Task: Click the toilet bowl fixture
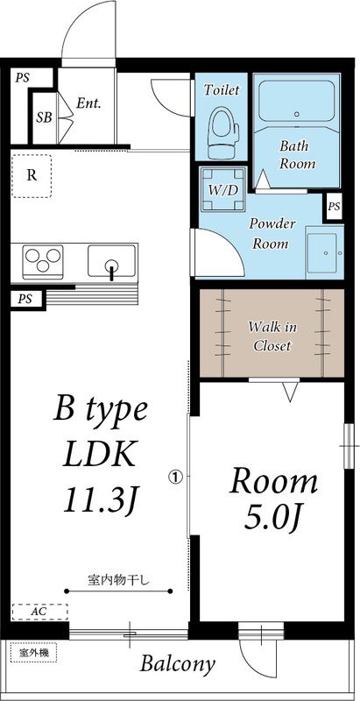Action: click(222, 132)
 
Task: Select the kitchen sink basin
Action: click(111, 260)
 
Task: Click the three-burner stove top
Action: click(43, 260)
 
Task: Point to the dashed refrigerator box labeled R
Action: click(32, 176)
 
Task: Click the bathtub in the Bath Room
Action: click(297, 101)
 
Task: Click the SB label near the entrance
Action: click(44, 117)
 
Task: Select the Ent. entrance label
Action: click(88, 104)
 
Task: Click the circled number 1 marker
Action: click(175, 477)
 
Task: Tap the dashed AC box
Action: click(40, 612)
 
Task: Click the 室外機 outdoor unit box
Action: click(33, 653)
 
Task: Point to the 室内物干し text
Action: click(117, 581)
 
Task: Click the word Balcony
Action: click(177, 664)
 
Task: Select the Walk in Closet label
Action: click(272, 336)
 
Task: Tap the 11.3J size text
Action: click(99, 499)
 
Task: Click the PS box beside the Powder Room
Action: click(334, 207)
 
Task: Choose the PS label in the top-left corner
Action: click(22, 78)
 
